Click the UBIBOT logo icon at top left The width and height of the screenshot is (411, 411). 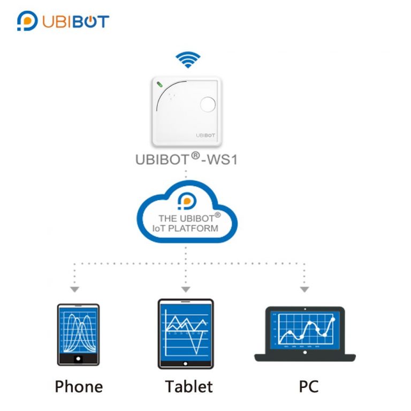pyautogui.click(x=27, y=21)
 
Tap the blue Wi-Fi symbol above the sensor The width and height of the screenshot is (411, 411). pyautogui.click(x=188, y=59)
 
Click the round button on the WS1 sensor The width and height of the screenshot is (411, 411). pyautogui.click(x=207, y=104)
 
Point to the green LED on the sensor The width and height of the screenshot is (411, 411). pyautogui.click(x=159, y=84)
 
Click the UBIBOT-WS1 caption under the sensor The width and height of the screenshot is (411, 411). pyautogui.click(x=186, y=159)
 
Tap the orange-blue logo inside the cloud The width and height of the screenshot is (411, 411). pyautogui.click(x=187, y=201)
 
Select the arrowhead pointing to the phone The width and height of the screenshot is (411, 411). pyautogui.click(x=75, y=289)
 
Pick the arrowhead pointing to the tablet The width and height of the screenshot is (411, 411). pyautogui.click(x=186, y=289)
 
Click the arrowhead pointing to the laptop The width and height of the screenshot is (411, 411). pyautogui.click(x=304, y=289)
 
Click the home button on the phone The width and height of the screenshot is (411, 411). pyautogui.click(x=78, y=357)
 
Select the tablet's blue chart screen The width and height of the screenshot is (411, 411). pyautogui.click(x=186, y=331)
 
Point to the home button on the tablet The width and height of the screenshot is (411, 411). pyautogui.click(x=186, y=364)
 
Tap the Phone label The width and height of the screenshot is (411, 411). pyautogui.click(x=79, y=386)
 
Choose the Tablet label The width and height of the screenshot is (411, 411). pyautogui.click(x=188, y=386)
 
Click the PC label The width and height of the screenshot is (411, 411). pyautogui.click(x=308, y=386)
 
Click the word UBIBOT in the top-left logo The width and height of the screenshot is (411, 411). pyautogui.click(x=75, y=21)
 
